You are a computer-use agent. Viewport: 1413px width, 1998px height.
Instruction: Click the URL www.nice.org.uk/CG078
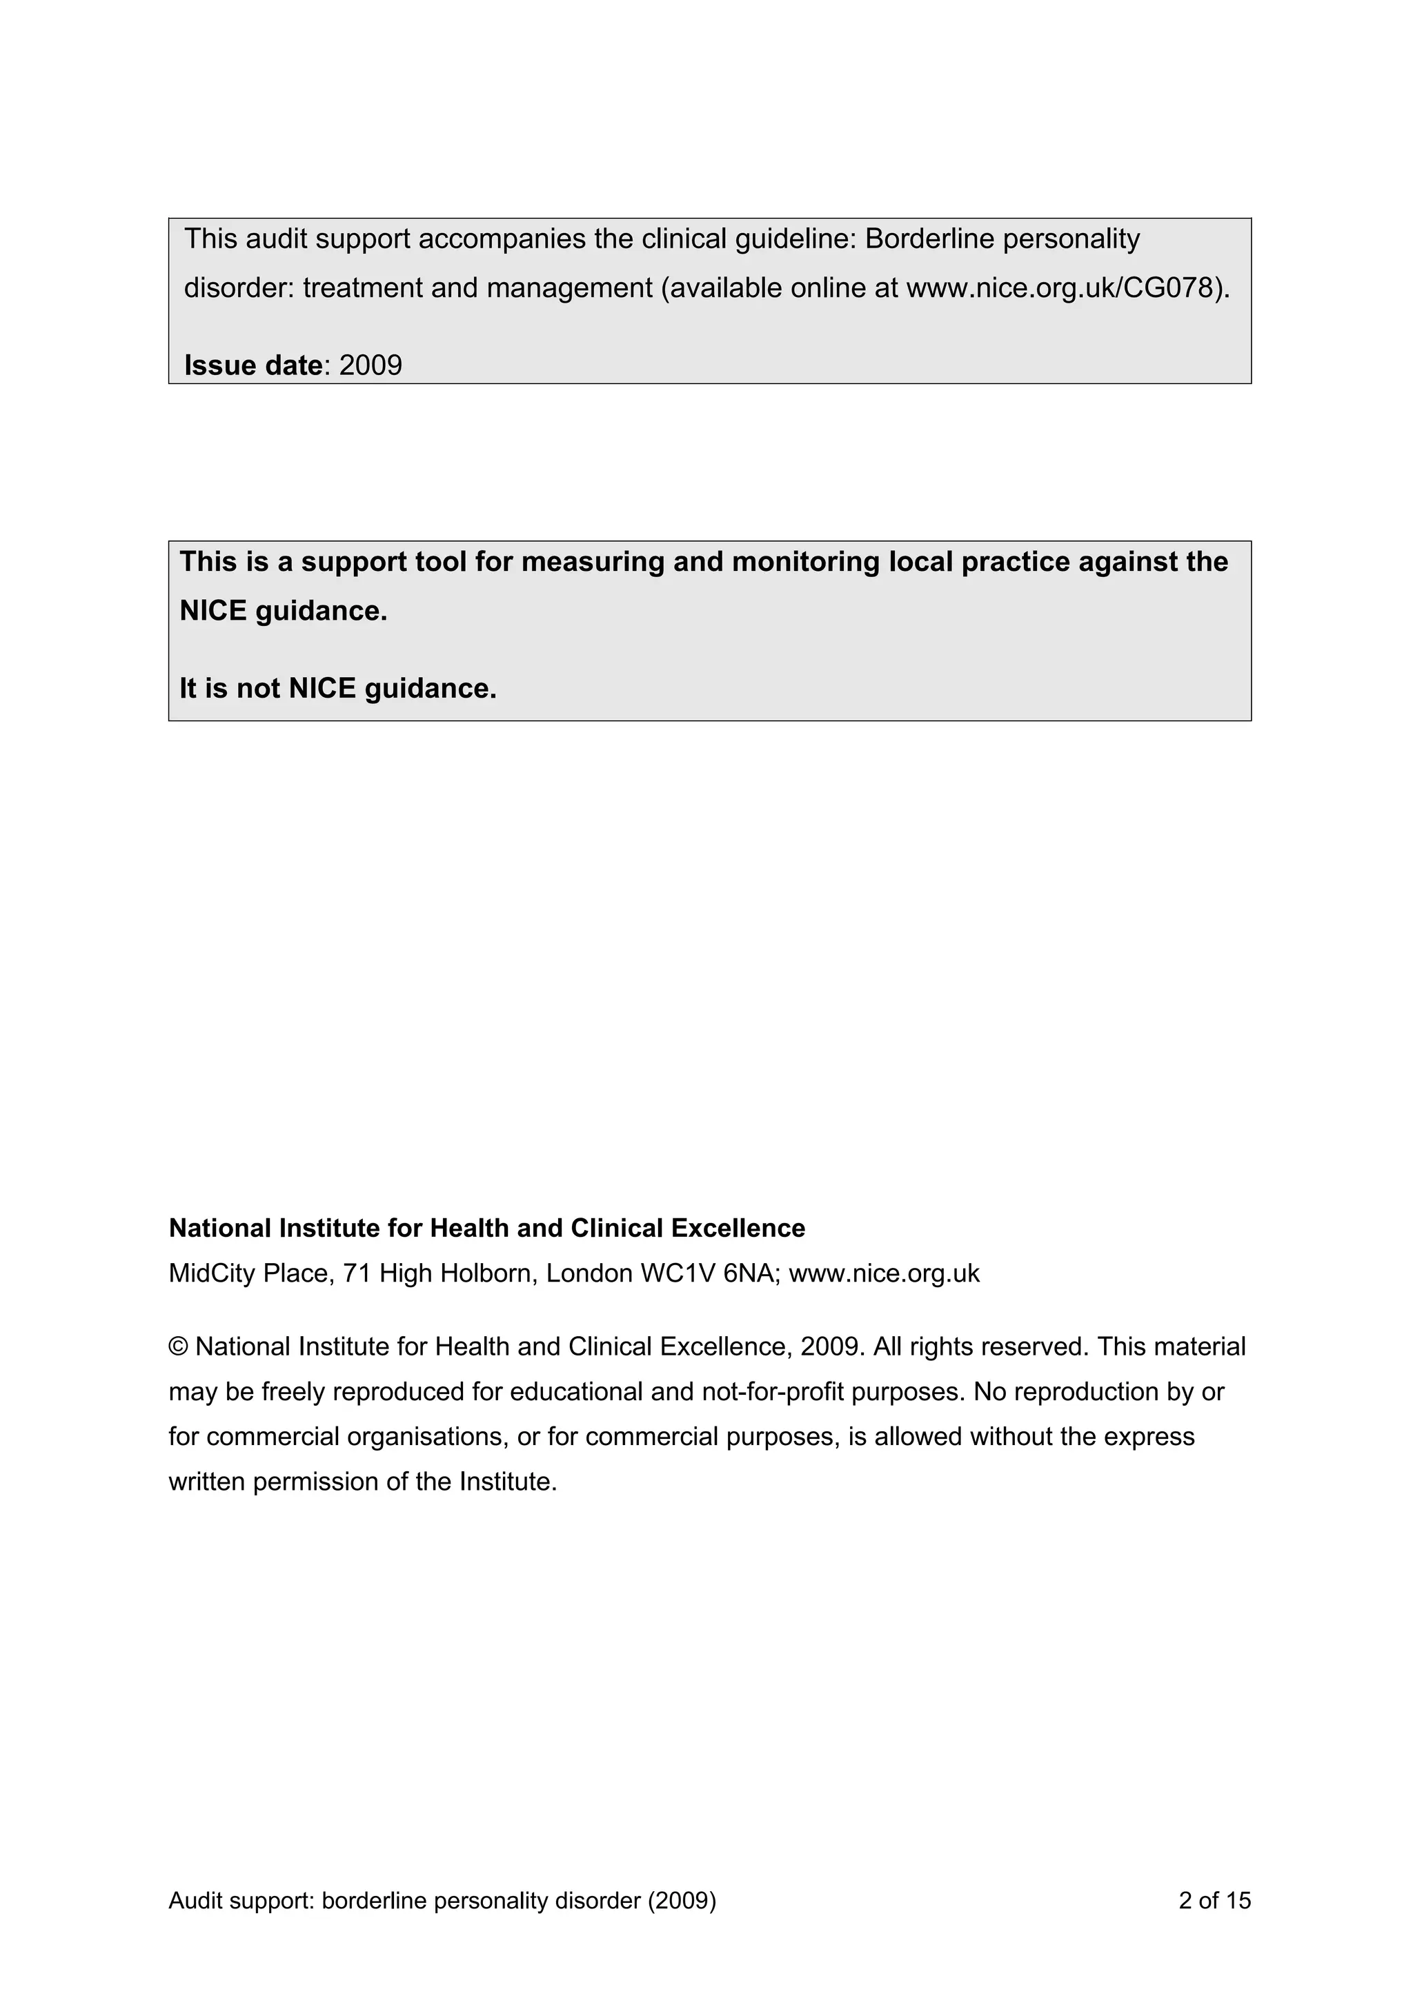1060,288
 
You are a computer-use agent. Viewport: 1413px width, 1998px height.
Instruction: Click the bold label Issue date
253,365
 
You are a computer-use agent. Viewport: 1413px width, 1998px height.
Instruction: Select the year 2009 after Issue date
371,365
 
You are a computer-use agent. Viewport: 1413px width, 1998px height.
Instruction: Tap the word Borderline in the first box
930,239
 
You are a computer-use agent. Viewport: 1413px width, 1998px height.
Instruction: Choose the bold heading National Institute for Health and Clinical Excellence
486,1228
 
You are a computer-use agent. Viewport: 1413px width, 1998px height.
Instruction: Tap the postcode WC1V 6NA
711,1274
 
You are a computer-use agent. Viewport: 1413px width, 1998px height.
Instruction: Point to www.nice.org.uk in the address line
884,1274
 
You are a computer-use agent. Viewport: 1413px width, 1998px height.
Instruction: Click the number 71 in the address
357,1274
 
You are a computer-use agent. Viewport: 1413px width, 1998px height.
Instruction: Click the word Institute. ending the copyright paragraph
508,1482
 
